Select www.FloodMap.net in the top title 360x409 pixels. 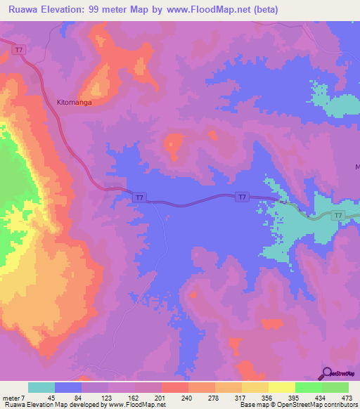(214, 10)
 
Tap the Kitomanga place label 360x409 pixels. (75, 101)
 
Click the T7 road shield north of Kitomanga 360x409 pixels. (20, 49)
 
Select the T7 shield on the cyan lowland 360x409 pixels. (338, 216)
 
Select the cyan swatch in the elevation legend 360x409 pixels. (41, 387)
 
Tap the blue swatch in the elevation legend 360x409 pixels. (68, 387)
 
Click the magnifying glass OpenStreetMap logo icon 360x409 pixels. (327, 373)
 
